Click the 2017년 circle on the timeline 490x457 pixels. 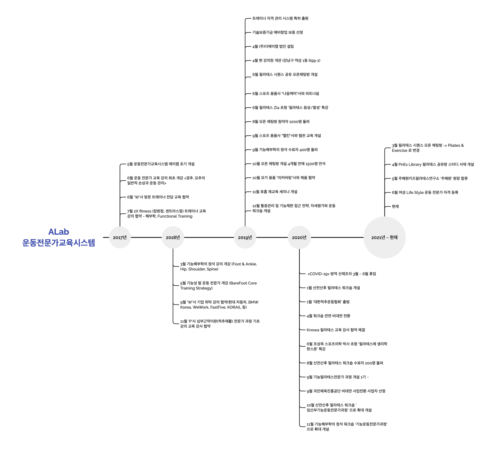pos(120,237)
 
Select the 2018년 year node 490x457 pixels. pos(173,237)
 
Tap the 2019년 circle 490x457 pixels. pos(245,237)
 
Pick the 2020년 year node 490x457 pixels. pos(299,237)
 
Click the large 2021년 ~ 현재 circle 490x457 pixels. pos(384,237)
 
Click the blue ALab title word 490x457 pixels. pos(59,232)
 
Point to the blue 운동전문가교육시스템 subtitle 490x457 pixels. pos(59,243)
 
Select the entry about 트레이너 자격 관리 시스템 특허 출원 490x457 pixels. pos(280,18)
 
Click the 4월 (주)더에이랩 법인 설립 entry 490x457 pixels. pos(273,46)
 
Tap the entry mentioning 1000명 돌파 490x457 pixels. pos(281,122)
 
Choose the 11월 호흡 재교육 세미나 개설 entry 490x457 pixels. pos(275,192)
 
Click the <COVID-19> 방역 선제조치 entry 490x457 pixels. pos(342,274)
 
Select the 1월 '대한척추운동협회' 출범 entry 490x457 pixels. pos(328,302)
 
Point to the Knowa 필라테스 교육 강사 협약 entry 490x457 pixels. pos(336,330)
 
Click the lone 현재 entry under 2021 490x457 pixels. pos(395,206)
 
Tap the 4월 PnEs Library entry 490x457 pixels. pos(433,164)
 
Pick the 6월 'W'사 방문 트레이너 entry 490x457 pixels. pos(158,197)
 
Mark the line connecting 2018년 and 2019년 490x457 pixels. pos(209,237)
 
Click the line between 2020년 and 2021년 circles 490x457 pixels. pos(337,237)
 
